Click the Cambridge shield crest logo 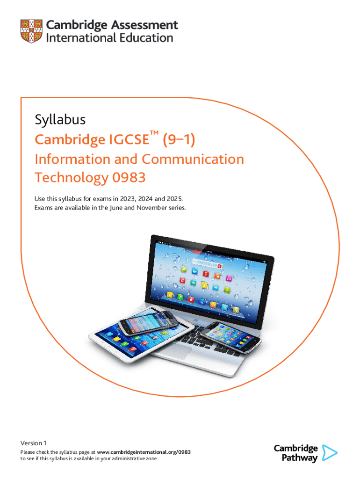pyautogui.click(x=31, y=31)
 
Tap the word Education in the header pyautogui.click(x=146, y=38)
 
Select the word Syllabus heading pyautogui.click(x=60, y=120)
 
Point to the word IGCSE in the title pyautogui.click(x=129, y=139)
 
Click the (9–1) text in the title pyautogui.click(x=179, y=139)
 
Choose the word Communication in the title pyautogui.click(x=193, y=159)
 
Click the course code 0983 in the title pyautogui.click(x=129, y=177)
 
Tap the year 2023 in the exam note pyautogui.click(x=127, y=199)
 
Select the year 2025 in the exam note pyautogui.click(x=174, y=199)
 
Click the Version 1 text pyautogui.click(x=33, y=443)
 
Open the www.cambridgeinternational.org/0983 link pyautogui.click(x=144, y=452)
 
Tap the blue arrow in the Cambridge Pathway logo pyautogui.click(x=330, y=453)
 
